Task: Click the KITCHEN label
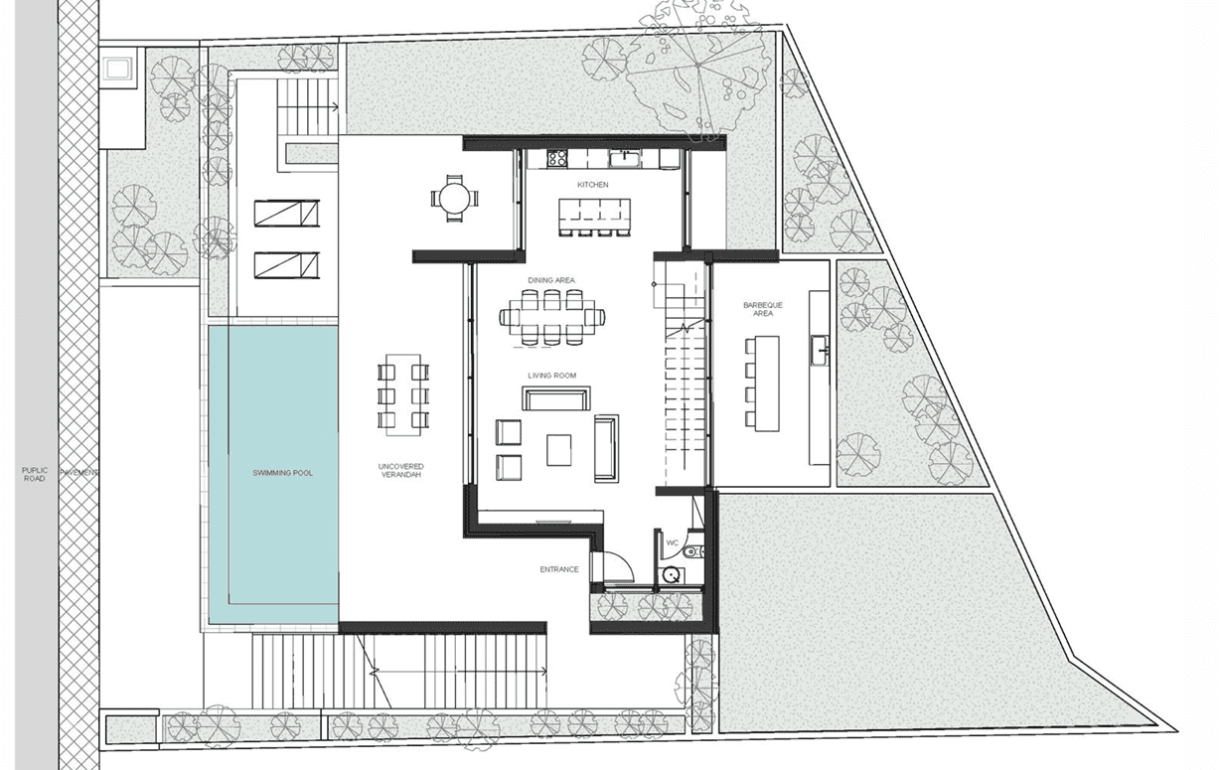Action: coord(592,185)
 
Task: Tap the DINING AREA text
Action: coord(551,280)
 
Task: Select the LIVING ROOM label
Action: coord(551,376)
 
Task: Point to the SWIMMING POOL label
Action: coord(283,473)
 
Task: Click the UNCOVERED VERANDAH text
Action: coord(400,471)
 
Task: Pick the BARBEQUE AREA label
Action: coord(763,309)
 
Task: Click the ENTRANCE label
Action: coord(559,569)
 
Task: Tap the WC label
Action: coord(673,542)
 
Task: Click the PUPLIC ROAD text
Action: coord(35,474)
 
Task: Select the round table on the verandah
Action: coord(455,199)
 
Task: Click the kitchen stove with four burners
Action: coord(556,158)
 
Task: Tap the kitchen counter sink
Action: coord(625,158)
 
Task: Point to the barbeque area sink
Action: coord(819,352)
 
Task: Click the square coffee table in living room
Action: coord(558,450)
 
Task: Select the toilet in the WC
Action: coord(693,552)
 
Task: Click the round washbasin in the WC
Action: coord(672,575)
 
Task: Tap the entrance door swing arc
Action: coord(625,561)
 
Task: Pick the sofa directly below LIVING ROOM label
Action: coord(556,398)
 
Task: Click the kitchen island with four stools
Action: coord(594,217)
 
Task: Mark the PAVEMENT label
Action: coord(78,473)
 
